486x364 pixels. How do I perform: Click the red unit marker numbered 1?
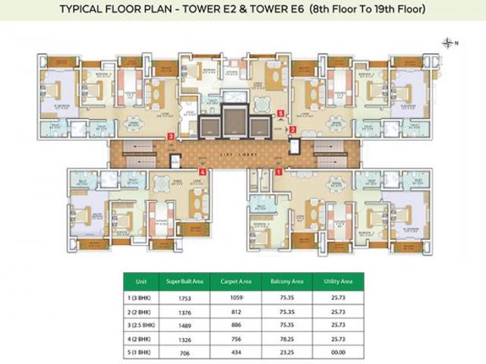click(x=279, y=172)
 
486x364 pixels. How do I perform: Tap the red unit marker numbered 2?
click(x=292, y=130)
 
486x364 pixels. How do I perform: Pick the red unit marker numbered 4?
click(x=203, y=172)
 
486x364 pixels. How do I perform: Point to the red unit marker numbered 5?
click(x=282, y=115)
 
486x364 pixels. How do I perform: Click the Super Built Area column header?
click(x=182, y=280)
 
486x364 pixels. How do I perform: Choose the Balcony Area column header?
click(x=283, y=280)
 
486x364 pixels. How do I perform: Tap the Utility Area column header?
click(x=333, y=280)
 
